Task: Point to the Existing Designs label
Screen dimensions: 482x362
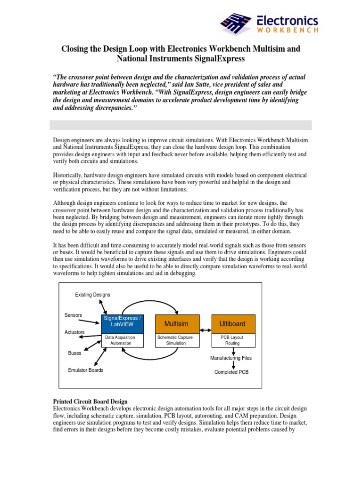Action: [x=93, y=295]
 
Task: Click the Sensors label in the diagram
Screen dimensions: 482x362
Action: [x=73, y=315]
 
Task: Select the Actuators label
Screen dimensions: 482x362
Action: [x=74, y=332]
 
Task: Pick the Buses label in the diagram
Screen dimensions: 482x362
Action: [x=74, y=353]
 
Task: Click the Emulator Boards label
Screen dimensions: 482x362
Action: [x=86, y=370]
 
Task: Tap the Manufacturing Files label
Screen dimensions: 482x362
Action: [x=231, y=358]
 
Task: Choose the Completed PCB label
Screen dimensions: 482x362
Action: [x=231, y=372]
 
